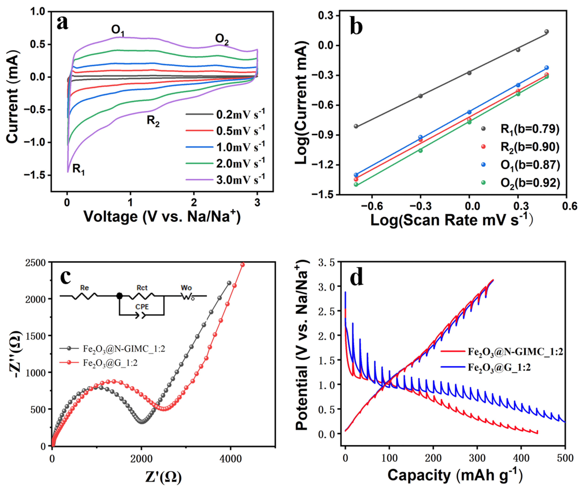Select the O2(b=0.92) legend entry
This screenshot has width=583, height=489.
coord(530,183)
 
